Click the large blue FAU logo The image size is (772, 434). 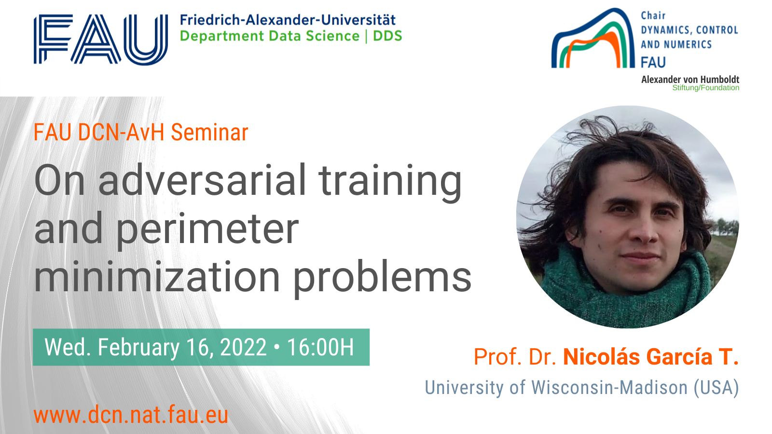pyautogui.click(x=101, y=39)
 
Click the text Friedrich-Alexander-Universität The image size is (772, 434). pyautogui.click(x=288, y=20)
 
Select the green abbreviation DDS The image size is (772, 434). pyautogui.click(x=388, y=36)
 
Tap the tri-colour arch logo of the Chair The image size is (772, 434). pyautogui.click(x=593, y=39)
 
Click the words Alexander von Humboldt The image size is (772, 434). pyautogui.click(x=690, y=79)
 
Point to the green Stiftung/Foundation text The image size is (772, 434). pyautogui.click(x=706, y=88)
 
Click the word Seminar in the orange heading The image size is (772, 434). pyautogui.click(x=209, y=132)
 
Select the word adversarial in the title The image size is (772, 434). pyautogui.click(x=202, y=180)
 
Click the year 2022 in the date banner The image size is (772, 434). pyautogui.click(x=243, y=347)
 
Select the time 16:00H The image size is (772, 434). pyautogui.click(x=320, y=347)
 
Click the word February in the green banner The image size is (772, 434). pyautogui.click(x=138, y=348)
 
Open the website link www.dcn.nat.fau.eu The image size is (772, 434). pyautogui.click(x=131, y=415)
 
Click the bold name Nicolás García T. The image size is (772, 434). pyautogui.click(x=651, y=356)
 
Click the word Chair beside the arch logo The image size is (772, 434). pyautogui.click(x=653, y=15)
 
